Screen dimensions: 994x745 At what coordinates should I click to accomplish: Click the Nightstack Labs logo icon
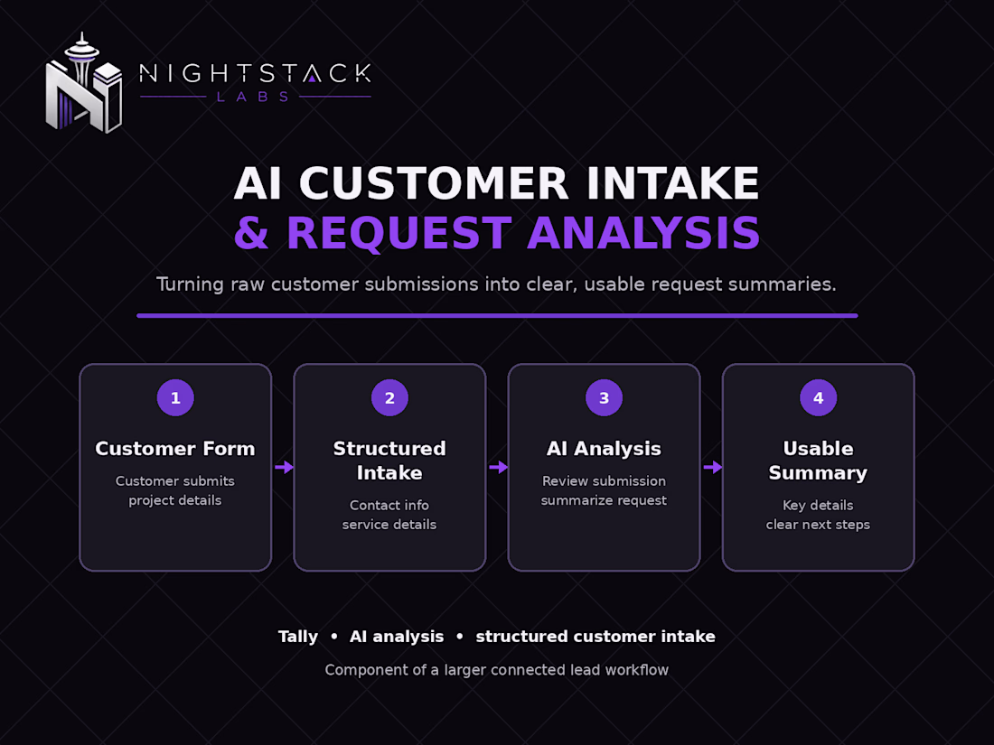pos(84,84)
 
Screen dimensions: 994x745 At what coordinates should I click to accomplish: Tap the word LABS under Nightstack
pos(253,97)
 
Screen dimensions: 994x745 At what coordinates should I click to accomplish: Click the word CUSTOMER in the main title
pos(434,183)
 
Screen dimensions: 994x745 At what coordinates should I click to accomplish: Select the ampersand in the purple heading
pos(252,233)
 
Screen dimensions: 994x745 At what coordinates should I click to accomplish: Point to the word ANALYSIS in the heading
pos(643,233)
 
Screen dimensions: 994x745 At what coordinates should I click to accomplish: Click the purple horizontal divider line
pos(497,315)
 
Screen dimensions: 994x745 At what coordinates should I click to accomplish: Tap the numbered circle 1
pos(175,398)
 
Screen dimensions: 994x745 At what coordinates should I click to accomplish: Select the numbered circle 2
pos(389,398)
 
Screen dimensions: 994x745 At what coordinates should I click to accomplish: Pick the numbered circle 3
pos(605,398)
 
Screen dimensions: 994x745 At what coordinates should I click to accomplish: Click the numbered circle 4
pos(819,398)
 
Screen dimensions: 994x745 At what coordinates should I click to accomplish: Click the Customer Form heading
pos(175,449)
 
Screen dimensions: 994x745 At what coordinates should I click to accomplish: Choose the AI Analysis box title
pos(605,449)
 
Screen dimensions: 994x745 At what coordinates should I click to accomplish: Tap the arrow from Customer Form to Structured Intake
pos(284,468)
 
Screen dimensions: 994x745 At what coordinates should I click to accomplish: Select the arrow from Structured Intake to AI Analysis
pos(498,468)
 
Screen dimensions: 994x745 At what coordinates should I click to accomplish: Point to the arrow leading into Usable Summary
pos(713,468)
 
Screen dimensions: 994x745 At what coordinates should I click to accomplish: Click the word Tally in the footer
pos(298,637)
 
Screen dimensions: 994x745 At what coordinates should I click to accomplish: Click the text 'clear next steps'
pos(818,525)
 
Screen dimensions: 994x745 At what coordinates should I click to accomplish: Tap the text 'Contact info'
pos(389,506)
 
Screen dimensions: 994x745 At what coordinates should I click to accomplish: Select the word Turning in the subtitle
pos(189,284)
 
